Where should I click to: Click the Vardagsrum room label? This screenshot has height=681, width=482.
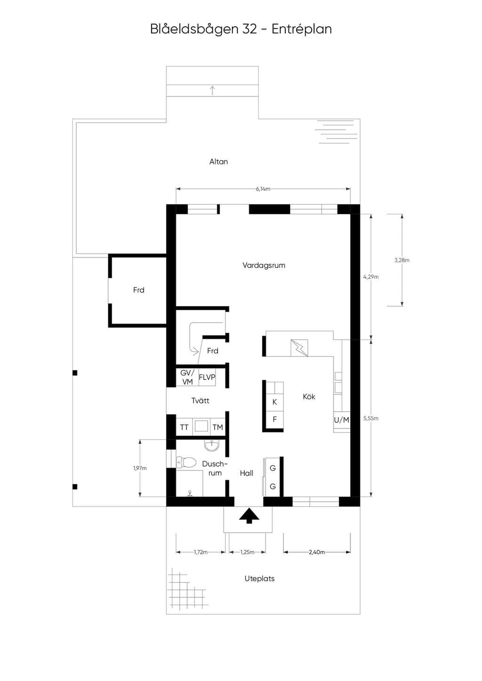click(264, 266)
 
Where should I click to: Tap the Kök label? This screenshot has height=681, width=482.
click(309, 397)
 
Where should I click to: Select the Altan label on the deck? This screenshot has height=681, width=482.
click(218, 162)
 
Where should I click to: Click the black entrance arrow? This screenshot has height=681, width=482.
click(249, 516)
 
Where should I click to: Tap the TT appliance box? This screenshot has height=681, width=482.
click(184, 428)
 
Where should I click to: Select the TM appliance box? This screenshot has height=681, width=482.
click(218, 428)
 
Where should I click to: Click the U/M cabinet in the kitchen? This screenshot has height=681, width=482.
click(341, 420)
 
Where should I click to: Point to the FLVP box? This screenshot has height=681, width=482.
click(207, 377)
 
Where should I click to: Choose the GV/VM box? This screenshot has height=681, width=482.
click(187, 377)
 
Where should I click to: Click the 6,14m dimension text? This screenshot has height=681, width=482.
click(263, 189)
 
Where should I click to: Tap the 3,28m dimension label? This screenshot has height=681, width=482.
click(402, 260)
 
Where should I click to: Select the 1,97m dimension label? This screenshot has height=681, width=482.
click(140, 468)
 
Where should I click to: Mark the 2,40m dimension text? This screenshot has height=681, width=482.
click(317, 552)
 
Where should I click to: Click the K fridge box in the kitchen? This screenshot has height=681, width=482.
click(274, 402)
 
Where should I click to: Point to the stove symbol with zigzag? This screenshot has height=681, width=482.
click(299, 348)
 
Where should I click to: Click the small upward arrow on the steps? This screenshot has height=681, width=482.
click(213, 90)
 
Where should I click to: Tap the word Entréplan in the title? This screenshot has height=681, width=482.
click(301, 30)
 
